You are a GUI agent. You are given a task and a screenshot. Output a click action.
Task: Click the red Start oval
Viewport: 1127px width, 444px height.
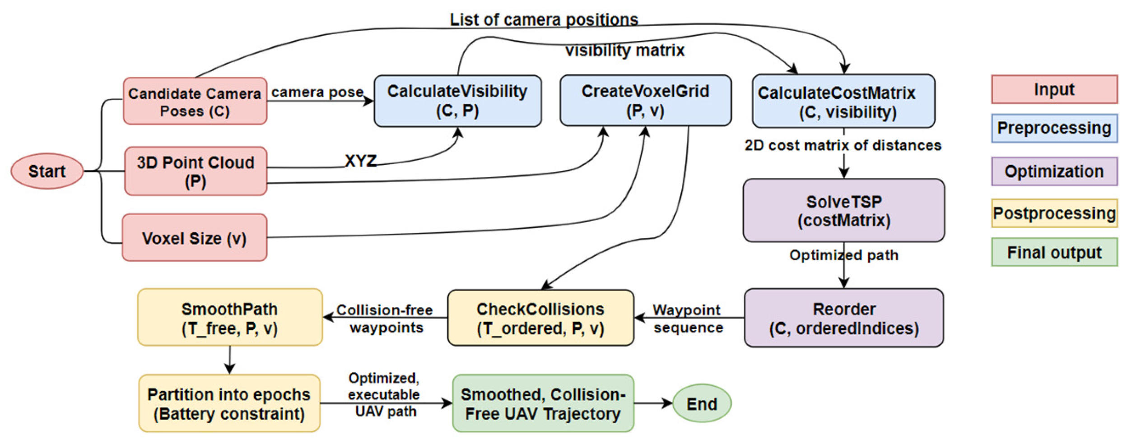coord(47,171)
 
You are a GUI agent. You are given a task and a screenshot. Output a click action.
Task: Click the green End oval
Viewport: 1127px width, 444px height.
coord(701,403)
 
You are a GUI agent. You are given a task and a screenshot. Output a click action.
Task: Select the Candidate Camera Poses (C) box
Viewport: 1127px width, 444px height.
coord(195,101)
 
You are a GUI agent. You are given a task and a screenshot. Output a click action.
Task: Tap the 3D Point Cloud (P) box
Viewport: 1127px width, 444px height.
coord(196,171)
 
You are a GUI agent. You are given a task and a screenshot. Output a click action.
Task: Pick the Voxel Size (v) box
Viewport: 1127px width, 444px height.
coord(195,238)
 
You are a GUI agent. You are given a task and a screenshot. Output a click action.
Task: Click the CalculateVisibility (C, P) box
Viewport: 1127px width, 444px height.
coord(457,101)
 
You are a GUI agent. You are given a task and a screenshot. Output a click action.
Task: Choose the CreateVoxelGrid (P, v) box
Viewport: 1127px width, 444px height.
coord(645,101)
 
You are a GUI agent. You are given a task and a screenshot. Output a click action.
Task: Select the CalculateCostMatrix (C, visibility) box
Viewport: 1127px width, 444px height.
coord(843,102)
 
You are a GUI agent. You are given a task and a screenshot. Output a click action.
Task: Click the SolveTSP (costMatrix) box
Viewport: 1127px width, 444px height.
coord(843,210)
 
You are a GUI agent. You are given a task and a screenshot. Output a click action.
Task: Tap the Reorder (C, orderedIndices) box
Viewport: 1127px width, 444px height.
coord(843,318)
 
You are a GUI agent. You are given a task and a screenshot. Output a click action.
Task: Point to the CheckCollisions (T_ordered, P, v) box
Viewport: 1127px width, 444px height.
coord(540,318)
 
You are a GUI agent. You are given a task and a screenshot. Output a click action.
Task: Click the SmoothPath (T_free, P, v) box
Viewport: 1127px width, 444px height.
coord(230,318)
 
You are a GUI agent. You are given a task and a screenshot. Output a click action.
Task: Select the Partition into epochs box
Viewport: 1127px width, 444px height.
coord(229,403)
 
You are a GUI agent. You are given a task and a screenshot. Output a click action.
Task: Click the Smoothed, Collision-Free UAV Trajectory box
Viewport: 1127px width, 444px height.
coord(543,403)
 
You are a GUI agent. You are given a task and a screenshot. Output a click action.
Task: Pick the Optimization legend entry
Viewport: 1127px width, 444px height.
coord(1054,171)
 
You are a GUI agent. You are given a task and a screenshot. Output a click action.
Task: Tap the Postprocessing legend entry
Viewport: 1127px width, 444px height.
coord(1054,213)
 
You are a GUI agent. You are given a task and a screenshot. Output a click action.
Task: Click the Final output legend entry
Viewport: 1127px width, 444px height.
coord(1054,252)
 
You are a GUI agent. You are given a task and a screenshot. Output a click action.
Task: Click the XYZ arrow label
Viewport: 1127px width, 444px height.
coord(360,161)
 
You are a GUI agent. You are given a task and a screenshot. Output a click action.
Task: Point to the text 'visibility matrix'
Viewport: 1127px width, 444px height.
coord(624,50)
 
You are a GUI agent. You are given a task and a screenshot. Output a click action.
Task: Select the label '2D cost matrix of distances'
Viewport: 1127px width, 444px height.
coord(843,145)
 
